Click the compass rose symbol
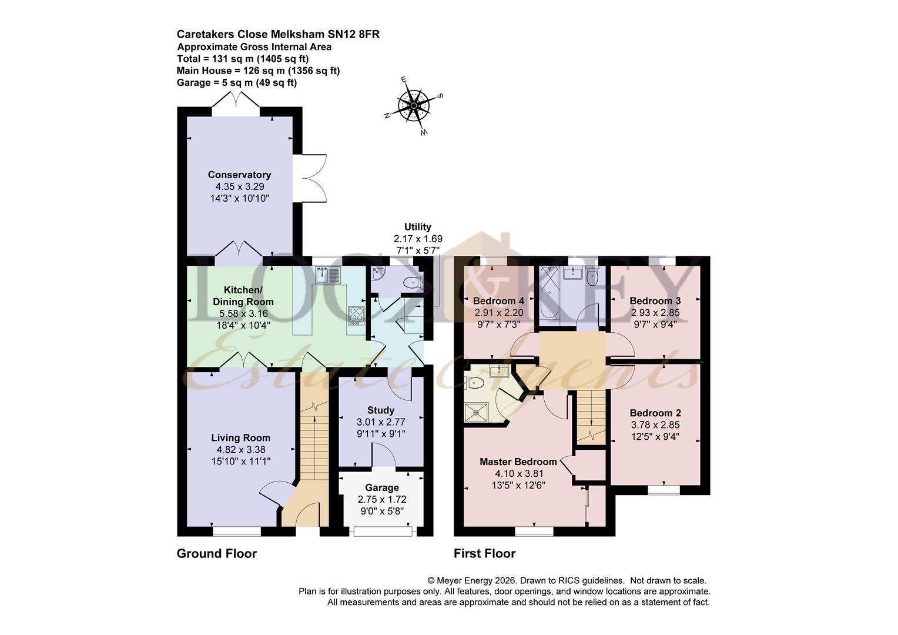[x=414, y=106]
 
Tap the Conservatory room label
[x=239, y=175]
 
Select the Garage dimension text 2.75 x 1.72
[x=382, y=499]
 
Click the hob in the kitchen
[x=356, y=315]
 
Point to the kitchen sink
[x=327, y=275]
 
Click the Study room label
[x=381, y=410]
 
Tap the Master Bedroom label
[x=518, y=462]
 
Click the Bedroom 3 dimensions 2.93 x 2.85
[x=655, y=313]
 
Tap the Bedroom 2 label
[x=655, y=413]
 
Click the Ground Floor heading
[x=217, y=553]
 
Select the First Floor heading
[x=484, y=553]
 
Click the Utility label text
[x=417, y=227]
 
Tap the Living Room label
[x=241, y=437]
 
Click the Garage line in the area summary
[x=236, y=82]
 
